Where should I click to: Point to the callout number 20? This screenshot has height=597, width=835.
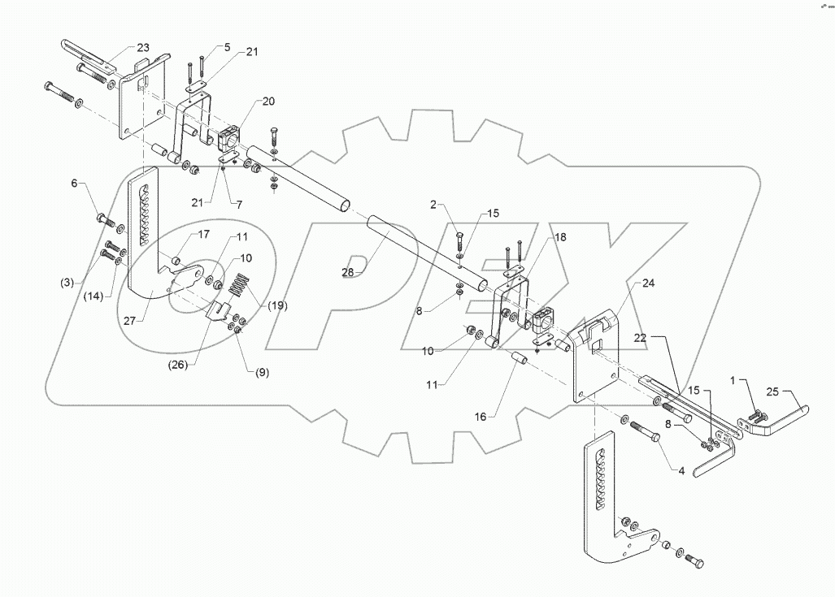pyautogui.click(x=268, y=102)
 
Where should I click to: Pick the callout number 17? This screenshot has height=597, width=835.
pyautogui.click(x=202, y=235)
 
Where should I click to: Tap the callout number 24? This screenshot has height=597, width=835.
pyautogui.click(x=647, y=284)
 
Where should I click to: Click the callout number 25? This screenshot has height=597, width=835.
pyautogui.click(x=772, y=392)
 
